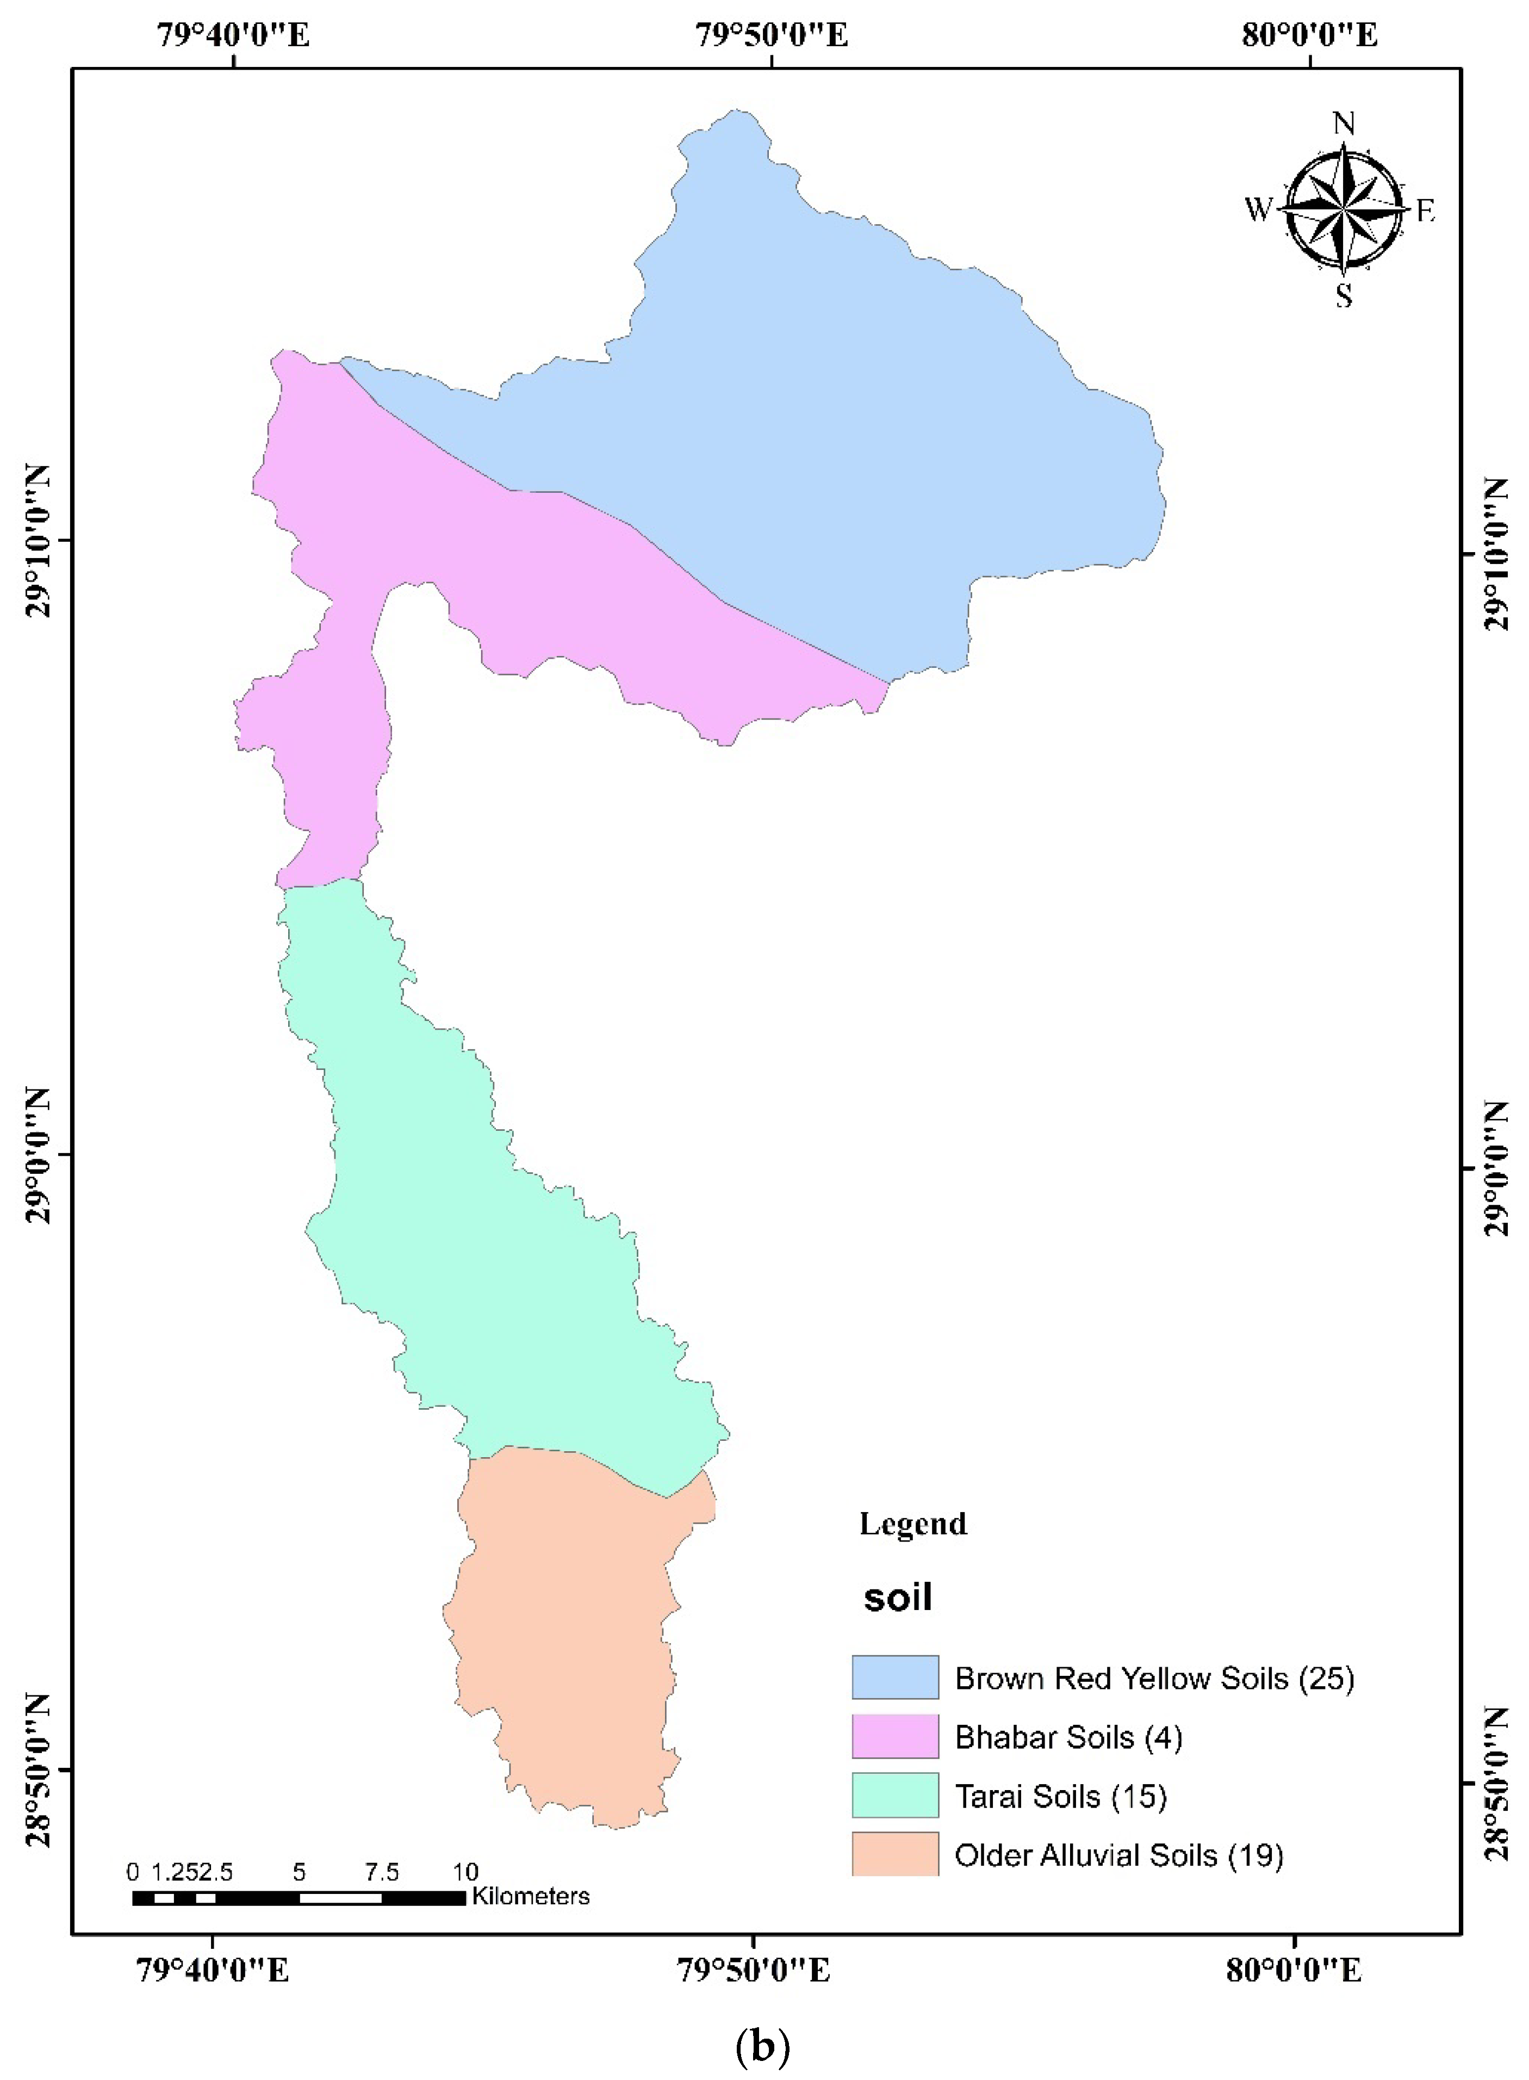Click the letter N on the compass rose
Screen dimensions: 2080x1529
pyautogui.click(x=1343, y=123)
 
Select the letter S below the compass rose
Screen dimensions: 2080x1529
pyautogui.click(x=1343, y=296)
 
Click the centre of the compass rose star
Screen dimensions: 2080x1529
pyautogui.click(x=1343, y=210)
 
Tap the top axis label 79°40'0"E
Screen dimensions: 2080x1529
pyautogui.click(x=233, y=35)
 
